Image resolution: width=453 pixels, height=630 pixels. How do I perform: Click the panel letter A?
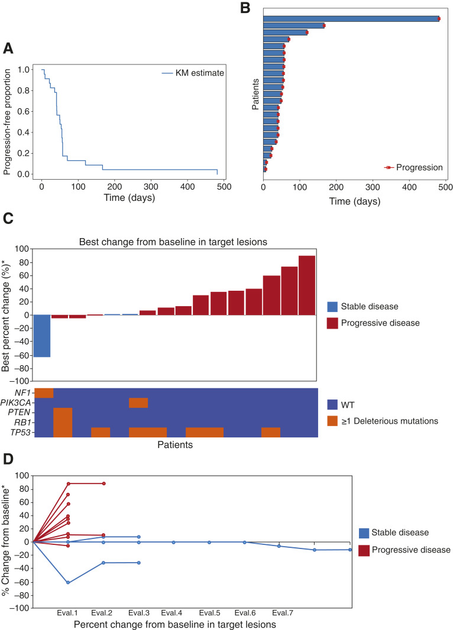[8, 48]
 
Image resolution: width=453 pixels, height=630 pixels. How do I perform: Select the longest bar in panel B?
[351, 18]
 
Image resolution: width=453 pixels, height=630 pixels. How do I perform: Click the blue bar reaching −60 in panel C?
[42, 336]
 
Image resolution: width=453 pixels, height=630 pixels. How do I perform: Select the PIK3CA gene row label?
[17, 402]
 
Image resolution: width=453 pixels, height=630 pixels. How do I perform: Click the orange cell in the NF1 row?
[44, 393]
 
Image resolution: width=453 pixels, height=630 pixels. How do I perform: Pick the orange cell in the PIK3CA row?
[138, 402]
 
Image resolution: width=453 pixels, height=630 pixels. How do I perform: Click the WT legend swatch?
[333, 405]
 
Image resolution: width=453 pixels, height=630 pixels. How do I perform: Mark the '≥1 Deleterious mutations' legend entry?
[384, 421]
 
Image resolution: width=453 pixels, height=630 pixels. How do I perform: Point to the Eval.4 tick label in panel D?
[173, 612]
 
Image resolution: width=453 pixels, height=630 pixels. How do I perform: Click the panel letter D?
[8, 458]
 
